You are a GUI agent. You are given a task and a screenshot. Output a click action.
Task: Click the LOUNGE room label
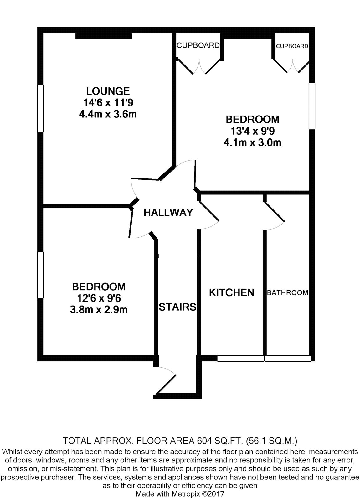pyautogui.click(x=108, y=91)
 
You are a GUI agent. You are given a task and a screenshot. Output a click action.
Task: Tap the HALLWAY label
pyautogui.click(x=168, y=213)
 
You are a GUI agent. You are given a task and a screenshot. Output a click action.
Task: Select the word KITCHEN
pyautogui.click(x=231, y=292)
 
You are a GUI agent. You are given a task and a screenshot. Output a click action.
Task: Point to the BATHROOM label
pyautogui.click(x=288, y=292)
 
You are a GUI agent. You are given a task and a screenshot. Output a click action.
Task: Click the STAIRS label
pyautogui.click(x=177, y=307)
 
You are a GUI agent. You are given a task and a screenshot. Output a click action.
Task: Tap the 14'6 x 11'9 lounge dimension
pyautogui.click(x=108, y=103)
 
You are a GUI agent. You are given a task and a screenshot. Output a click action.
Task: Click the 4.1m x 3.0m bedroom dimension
pyautogui.click(x=252, y=142)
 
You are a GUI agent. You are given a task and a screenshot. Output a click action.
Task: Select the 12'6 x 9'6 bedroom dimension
pyautogui.click(x=99, y=298)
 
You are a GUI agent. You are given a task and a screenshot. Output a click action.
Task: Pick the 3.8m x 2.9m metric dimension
pyautogui.click(x=99, y=310)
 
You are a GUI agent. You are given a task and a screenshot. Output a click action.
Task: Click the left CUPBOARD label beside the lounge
pyautogui.click(x=198, y=45)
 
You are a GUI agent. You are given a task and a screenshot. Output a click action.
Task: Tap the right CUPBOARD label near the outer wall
pyautogui.click(x=292, y=46)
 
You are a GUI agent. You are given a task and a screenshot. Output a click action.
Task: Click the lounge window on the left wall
pyautogui.click(x=40, y=108)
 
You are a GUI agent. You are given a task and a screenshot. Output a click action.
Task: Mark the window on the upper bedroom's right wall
pyautogui.click(x=312, y=106)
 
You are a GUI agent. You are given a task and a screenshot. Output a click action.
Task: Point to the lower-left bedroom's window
pyautogui.click(x=40, y=275)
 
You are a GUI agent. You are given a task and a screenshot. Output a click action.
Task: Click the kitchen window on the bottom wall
pyautogui.click(x=241, y=358)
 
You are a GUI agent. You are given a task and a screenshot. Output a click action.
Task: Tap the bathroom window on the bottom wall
pyautogui.click(x=288, y=358)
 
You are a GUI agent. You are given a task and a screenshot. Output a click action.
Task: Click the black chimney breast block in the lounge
pyautogui.click(x=104, y=36)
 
